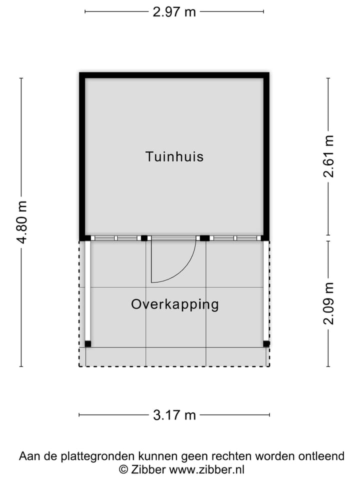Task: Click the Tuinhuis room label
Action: [x=174, y=156]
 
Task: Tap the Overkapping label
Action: [x=175, y=304]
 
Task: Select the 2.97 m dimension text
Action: [x=174, y=12]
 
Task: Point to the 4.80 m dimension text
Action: [x=21, y=222]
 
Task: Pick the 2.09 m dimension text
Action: [x=328, y=303]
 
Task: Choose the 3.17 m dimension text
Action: [x=174, y=415]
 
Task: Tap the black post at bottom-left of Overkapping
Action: [x=88, y=343]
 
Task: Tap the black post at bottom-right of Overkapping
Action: [x=266, y=343]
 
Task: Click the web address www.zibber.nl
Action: [x=207, y=469]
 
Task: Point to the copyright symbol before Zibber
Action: [x=123, y=469]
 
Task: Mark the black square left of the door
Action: [x=144, y=238]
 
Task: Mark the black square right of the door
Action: [x=204, y=238]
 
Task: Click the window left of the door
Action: [x=115, y=238]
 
